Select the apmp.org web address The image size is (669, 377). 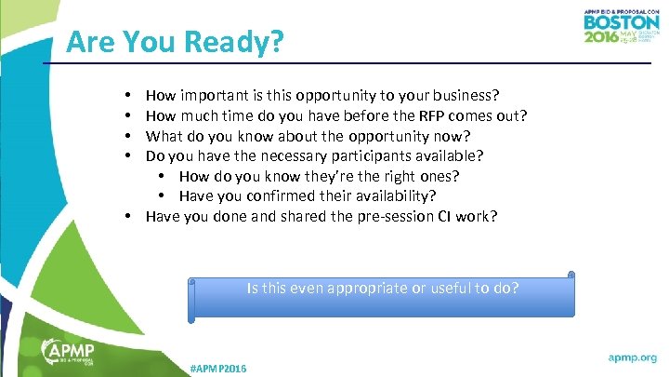coord(632,357)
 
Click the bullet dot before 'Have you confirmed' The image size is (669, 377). coord(161,196)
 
